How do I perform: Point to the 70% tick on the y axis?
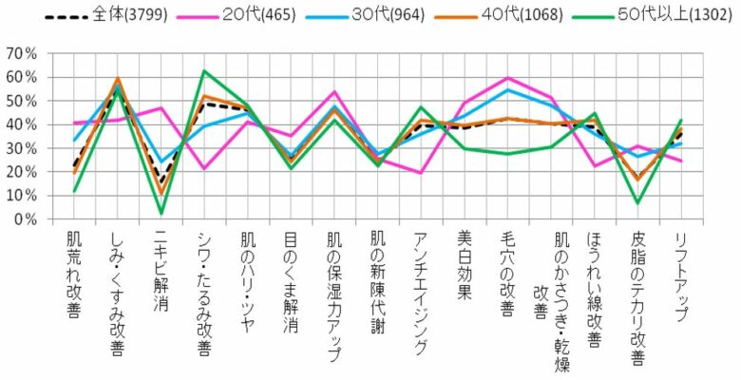[22, 54]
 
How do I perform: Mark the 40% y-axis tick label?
[22, 124]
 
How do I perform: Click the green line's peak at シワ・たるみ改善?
[203, 71]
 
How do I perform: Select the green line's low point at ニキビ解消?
[161, 213]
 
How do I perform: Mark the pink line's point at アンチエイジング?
[422, 173]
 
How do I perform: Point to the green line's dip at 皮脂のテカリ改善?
[637, 203]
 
